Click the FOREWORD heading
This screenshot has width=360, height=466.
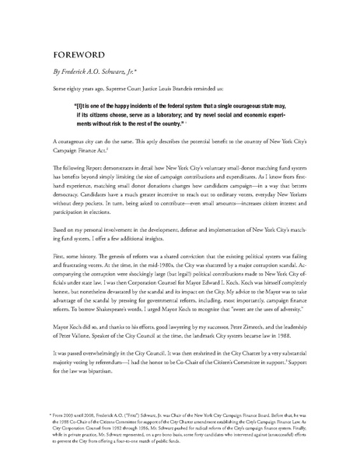tap(75, 57)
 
